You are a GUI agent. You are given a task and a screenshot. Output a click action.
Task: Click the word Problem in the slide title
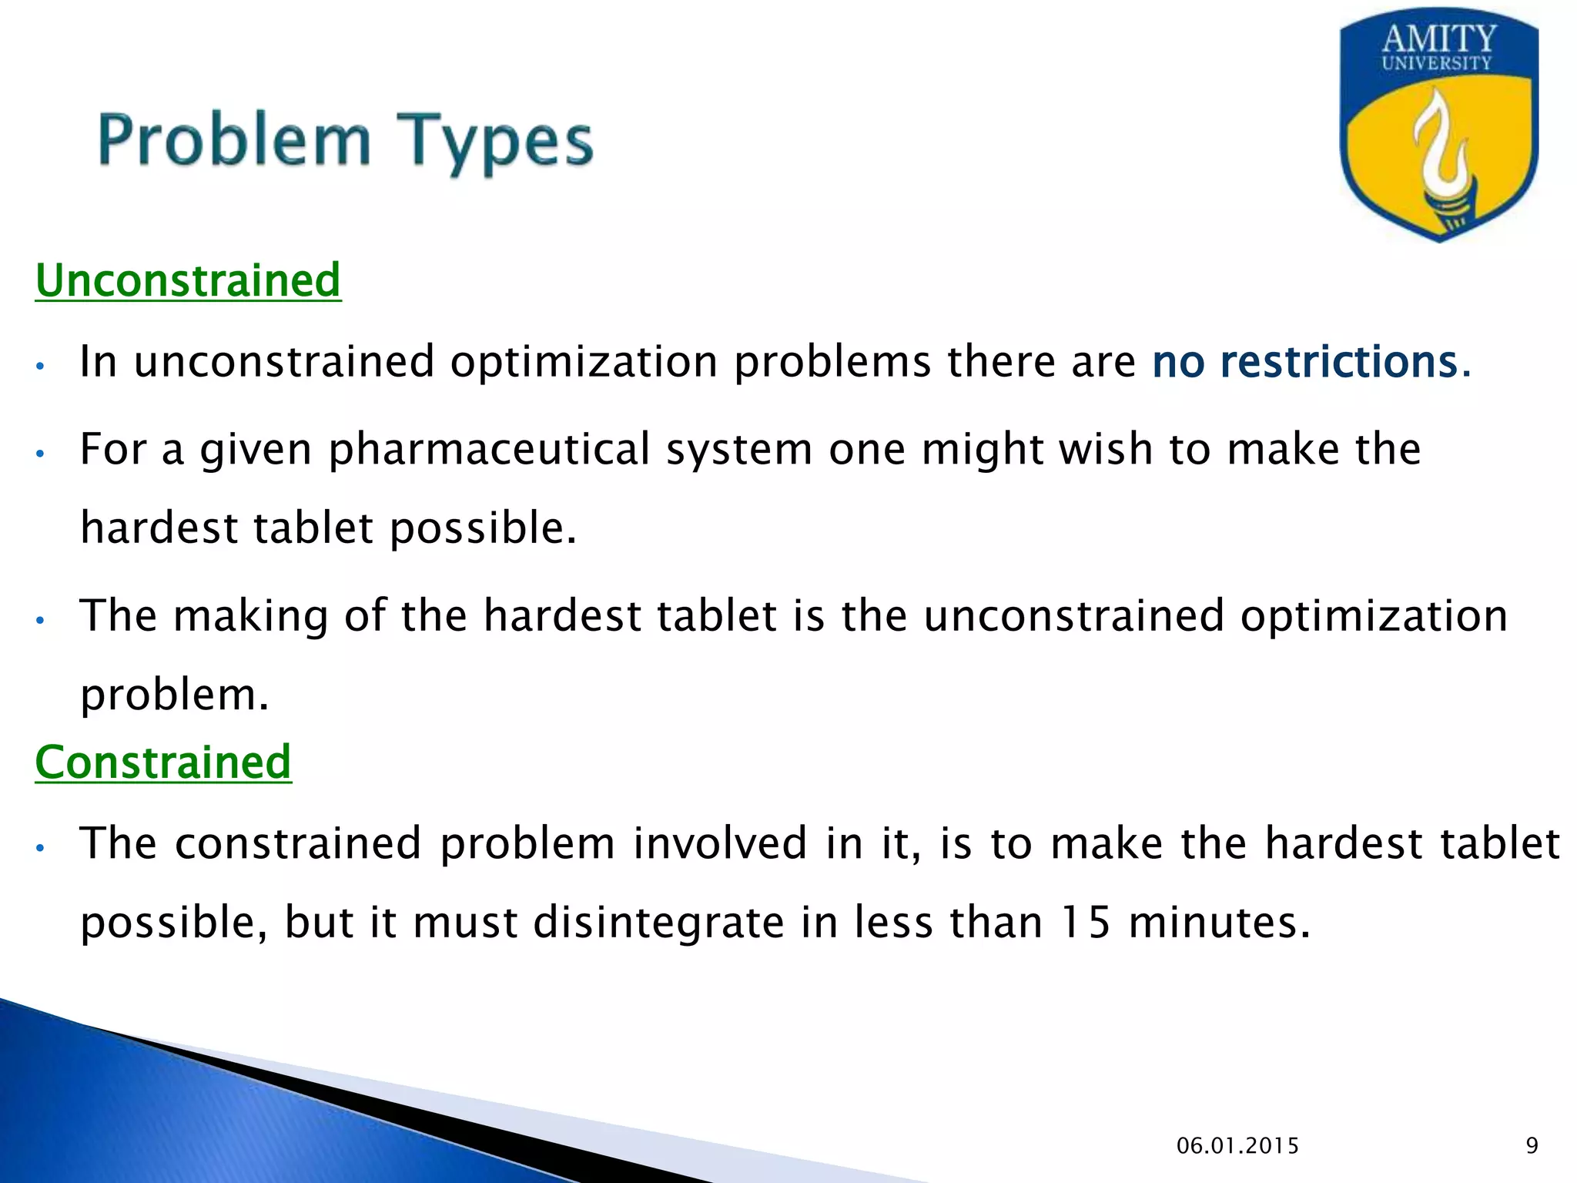(235, 141)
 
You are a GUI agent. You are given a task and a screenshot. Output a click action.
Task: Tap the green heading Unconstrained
(188, 280)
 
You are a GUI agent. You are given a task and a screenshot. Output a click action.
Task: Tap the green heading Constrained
(163, 762)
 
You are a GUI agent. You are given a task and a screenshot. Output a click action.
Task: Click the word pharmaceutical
(490, 450)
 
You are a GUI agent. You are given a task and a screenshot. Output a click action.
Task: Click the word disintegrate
(658, 921)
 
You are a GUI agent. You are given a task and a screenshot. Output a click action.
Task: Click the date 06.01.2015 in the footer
(1237, 1146)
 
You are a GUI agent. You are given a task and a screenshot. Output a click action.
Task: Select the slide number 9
(1532, 1146)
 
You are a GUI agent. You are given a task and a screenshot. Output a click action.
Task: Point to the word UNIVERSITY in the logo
(1437, 64)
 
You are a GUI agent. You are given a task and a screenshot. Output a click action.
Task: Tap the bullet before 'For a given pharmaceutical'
(42, 453)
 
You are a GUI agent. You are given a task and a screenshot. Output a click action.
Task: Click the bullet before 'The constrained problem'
(42, 848)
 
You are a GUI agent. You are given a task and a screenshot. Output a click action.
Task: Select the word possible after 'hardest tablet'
(482, 528)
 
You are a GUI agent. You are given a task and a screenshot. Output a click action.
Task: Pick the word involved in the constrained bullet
(720, 843)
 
